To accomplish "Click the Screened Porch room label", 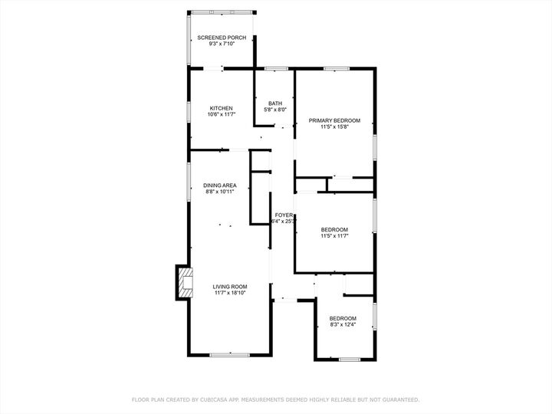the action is coord(222,38).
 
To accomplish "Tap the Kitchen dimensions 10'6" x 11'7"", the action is coord(221,114).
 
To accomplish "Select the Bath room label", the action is coord(275,103).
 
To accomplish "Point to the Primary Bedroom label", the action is coord(334,120).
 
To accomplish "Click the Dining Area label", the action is coord(220,186).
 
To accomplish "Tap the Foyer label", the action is coord(284,215).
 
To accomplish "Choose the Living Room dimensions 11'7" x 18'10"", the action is coord(230,293).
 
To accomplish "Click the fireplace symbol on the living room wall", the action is coord(186,282).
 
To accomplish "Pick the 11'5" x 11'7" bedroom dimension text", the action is coord(334,236).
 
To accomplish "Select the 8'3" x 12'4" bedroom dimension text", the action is coord(343,324).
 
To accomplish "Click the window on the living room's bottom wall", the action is coord(229,355).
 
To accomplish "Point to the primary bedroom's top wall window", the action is coord(337,69).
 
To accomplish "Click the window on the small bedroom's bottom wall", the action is coord(350,360).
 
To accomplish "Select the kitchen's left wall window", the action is coord(189,112).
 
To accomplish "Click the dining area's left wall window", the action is coord(189,182).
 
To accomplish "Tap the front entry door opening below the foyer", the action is coord(285,300).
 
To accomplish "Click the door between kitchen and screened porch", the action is coord(214,69).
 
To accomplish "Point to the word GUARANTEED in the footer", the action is coord(401,399).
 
